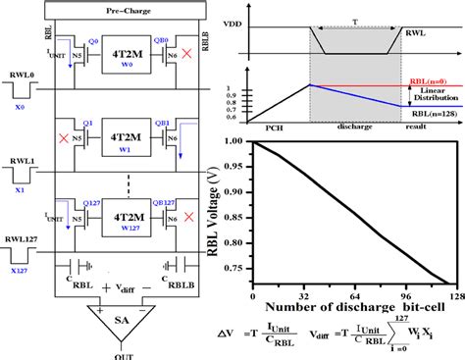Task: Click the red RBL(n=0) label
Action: click(x=427, y=83)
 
